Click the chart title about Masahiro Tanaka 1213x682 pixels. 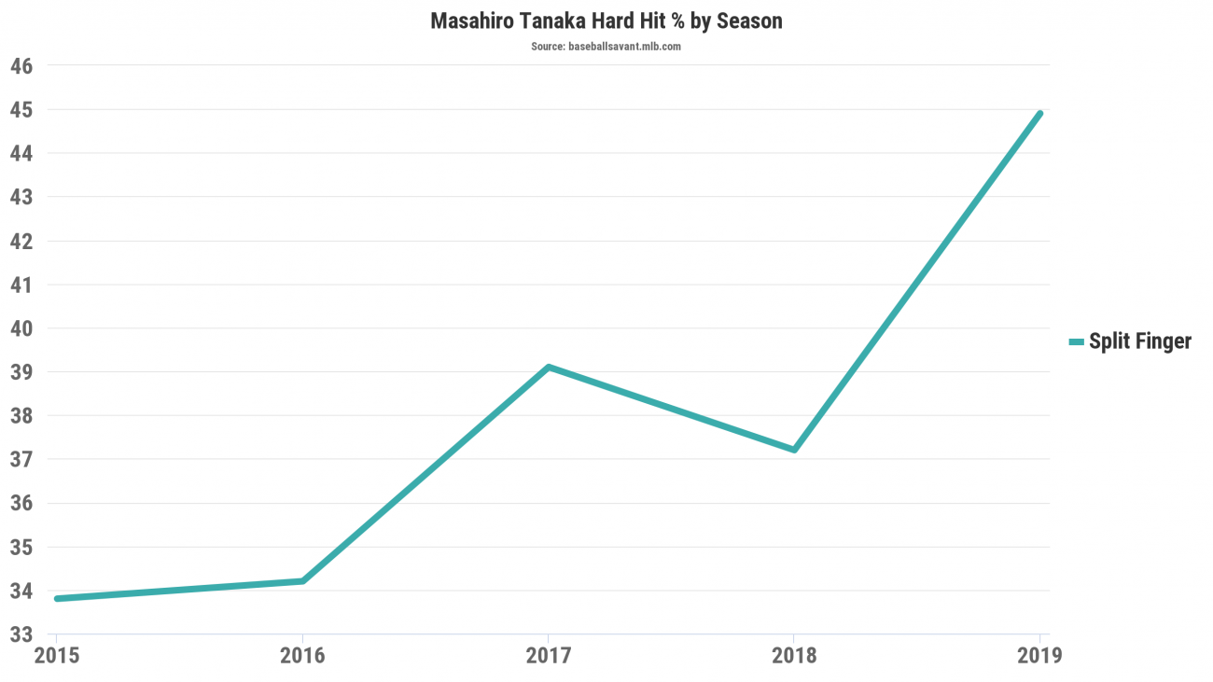point(606,21)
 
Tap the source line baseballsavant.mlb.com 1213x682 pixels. point(606,46)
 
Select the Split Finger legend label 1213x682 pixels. point(1140,341)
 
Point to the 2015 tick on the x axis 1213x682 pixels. point(56,655)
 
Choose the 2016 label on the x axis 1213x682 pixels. point(302,655)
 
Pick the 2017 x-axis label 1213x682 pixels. point(549,655)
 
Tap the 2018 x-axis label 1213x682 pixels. point(794,655)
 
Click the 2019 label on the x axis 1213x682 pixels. point(1039,655)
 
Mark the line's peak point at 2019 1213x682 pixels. point(1039,114)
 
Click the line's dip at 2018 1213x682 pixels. point(794,450)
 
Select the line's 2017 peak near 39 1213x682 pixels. point(549,367)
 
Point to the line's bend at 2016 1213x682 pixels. point(302,581)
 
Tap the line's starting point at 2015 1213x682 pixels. point(57,598)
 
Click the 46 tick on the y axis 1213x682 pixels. point(21,66)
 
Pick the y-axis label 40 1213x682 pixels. point(21,328)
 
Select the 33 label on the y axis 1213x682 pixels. point(21,634)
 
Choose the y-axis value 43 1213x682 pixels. point(21,197)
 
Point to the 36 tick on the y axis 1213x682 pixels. point(21,503)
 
